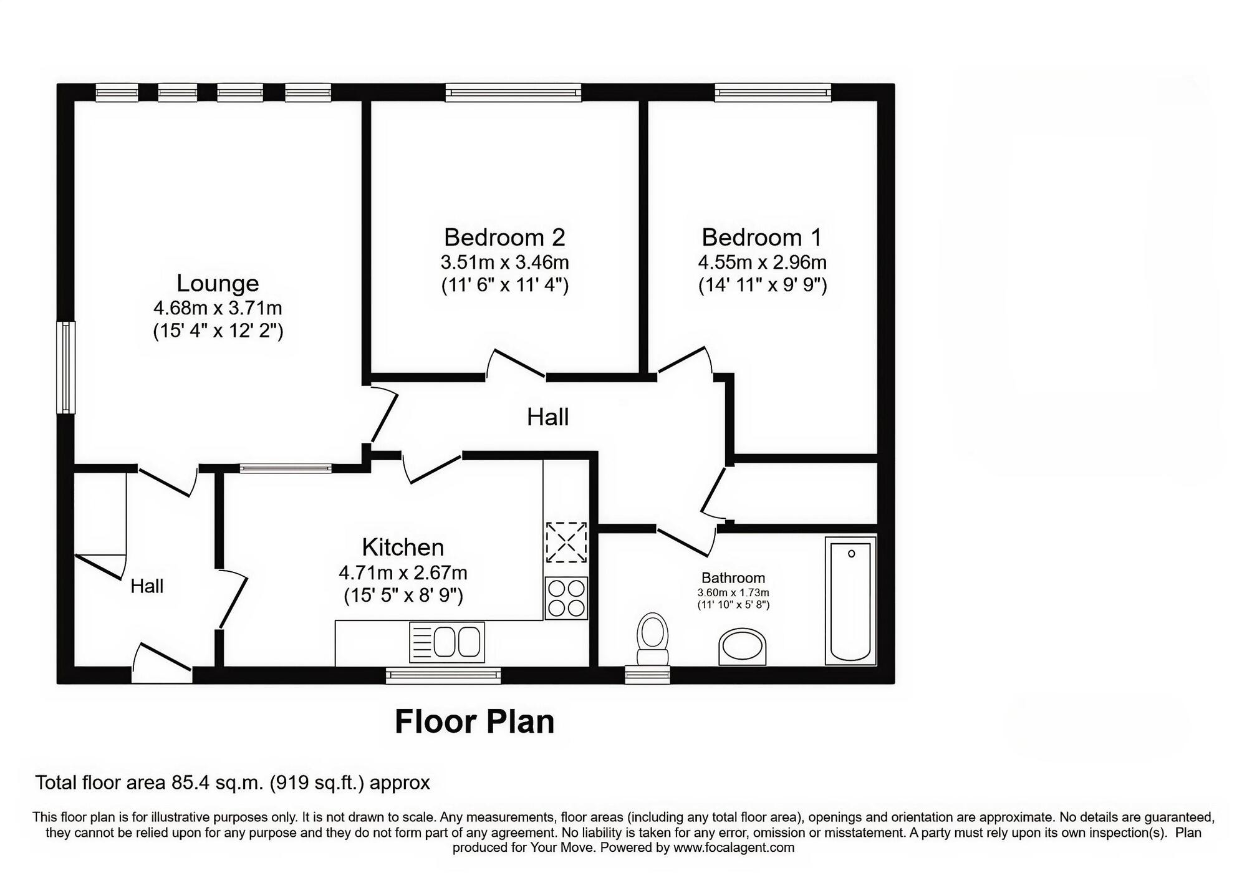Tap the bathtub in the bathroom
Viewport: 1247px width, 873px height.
pos(850,600)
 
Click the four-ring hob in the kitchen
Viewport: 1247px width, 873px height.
pos(566,598)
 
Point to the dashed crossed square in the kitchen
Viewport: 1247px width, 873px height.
pos(566,543)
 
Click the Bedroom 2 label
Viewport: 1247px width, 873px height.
pos(504,238)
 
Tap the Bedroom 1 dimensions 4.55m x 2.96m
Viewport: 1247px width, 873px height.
pos(762,263)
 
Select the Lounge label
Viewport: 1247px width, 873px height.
pos(218,283)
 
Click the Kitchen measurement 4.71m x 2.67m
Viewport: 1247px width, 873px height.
pos(403,572)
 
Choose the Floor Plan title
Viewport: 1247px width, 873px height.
pos(474,721)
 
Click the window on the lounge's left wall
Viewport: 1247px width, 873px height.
pos(65,367)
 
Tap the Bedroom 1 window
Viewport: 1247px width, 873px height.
pos(773,93)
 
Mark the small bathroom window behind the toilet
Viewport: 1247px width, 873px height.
pos(647,674)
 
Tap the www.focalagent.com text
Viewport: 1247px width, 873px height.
pos(733,848)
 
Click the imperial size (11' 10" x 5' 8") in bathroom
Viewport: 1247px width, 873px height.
pos(733,605)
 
